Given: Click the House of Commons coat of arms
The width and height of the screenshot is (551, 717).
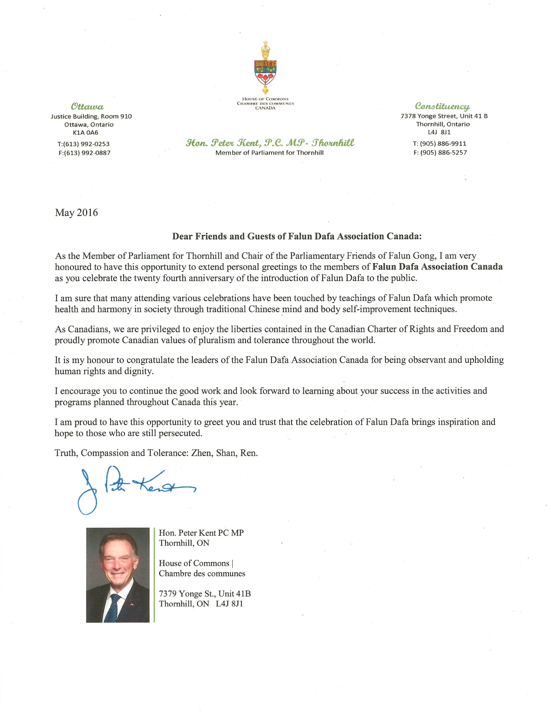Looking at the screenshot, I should click(265, 68).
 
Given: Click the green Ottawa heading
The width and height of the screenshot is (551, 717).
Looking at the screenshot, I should click(87, 107).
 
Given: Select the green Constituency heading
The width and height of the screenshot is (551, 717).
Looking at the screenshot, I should click(442, 106).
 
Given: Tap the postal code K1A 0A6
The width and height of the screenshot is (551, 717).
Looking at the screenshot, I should click(85, 132).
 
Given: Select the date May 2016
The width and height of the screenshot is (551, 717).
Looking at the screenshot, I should click(76, 213).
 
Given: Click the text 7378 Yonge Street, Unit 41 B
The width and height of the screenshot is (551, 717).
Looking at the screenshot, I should click(444, 116).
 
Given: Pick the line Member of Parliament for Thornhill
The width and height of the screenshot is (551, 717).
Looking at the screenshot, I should click(269, 153).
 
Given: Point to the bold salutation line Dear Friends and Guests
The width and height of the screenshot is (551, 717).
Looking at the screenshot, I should click(296, 236).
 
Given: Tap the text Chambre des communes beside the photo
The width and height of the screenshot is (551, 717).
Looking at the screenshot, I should click(202, 573).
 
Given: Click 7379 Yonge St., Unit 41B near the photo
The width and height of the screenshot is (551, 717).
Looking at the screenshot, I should click(205, 594).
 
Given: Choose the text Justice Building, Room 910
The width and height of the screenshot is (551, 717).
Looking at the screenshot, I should click(91, 116).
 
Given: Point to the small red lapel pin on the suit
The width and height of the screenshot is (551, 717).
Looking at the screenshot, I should click(132, 603).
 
